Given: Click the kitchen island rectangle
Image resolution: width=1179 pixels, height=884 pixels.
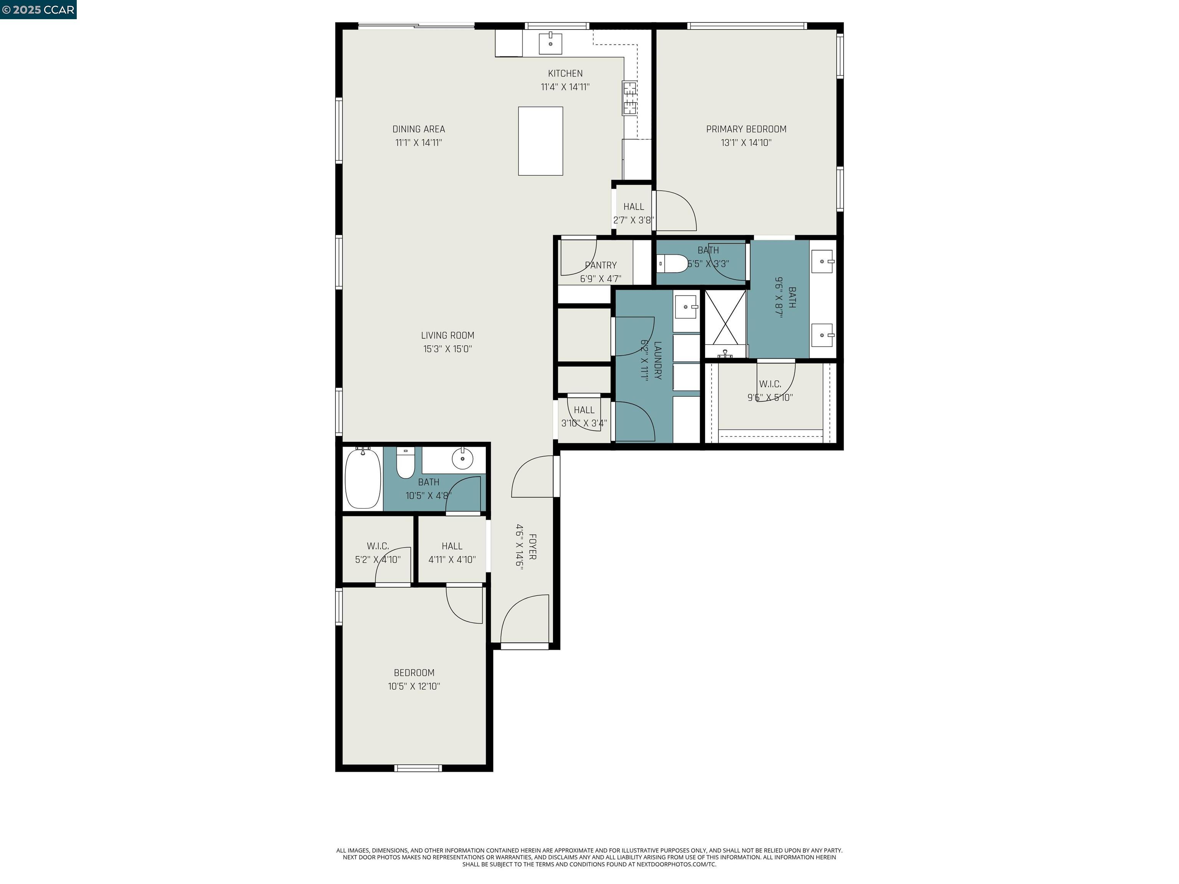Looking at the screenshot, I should tap(540, 141).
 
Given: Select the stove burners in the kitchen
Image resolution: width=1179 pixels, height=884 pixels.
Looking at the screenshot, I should tap(629, 98).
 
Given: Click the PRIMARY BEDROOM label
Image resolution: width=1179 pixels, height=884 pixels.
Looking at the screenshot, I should tap(746, 129).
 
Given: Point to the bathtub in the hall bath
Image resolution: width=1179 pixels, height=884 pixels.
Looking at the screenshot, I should tap(363, 478).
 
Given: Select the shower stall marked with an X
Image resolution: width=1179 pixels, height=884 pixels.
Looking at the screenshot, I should tap(725, 318).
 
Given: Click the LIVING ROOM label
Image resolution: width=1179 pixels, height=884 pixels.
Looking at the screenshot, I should tap(447, 335).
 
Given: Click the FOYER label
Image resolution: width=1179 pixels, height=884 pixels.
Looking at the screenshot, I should tap(532, 547).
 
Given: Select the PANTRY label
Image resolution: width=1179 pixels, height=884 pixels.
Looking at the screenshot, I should tap(601, 265).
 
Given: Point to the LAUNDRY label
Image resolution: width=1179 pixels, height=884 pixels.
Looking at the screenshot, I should tap(657, 361).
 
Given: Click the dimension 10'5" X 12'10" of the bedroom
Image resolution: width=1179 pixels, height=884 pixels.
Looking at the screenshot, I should tap(414, 686).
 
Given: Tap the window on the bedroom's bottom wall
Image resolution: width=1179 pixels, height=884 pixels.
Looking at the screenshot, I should tap(418, 768).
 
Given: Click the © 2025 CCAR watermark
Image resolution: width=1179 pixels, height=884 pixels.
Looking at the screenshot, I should tap(38, 10).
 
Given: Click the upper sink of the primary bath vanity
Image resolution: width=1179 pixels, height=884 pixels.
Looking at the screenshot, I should tap(822, 261).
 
